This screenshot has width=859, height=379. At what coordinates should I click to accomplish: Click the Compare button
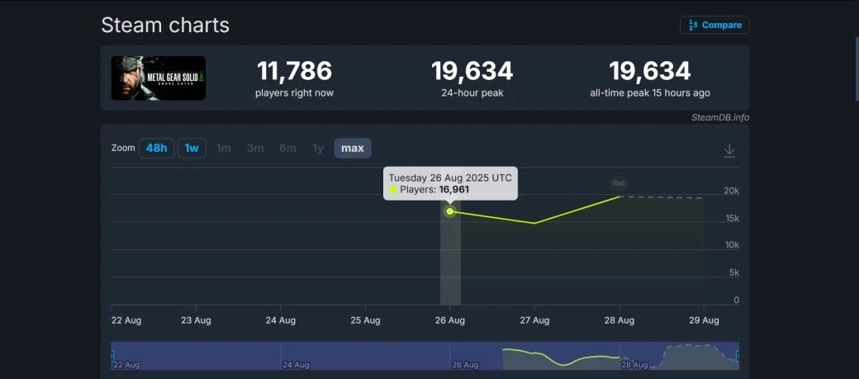[714, 25]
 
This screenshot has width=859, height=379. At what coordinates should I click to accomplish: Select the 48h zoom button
[156, 148]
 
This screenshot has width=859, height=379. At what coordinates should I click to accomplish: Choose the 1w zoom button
[192, 148]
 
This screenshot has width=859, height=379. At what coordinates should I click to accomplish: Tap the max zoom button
[353, 148]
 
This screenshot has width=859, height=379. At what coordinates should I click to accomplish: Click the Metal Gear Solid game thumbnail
[159, 78]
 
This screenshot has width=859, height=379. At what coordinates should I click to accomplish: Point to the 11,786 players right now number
[294, 71]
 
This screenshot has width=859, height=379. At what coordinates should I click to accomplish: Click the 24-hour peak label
[472, 93]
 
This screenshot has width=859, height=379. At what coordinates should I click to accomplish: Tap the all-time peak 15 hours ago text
[650, 93]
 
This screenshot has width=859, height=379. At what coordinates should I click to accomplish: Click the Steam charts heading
[165, 25]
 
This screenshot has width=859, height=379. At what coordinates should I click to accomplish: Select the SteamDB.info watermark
[720, 117]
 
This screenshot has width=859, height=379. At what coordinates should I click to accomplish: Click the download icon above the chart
[729, 150]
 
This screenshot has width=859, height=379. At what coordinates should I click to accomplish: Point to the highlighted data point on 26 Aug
[450, 211]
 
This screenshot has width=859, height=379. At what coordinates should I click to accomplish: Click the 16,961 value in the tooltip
[454, 190]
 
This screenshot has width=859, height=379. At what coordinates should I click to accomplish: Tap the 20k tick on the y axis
[731, 191]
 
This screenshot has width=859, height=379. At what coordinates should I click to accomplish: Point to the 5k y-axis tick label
[733, 272]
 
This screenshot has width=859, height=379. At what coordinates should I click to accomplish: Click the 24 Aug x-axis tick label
[281, 320]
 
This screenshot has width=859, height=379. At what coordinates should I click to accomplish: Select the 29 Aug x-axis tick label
[705, 320]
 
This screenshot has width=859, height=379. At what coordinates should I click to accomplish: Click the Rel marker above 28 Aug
[619, 182]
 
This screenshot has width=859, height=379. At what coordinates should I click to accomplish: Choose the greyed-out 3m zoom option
[255, 148]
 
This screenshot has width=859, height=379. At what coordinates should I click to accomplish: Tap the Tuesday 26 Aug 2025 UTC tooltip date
[450, 178]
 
